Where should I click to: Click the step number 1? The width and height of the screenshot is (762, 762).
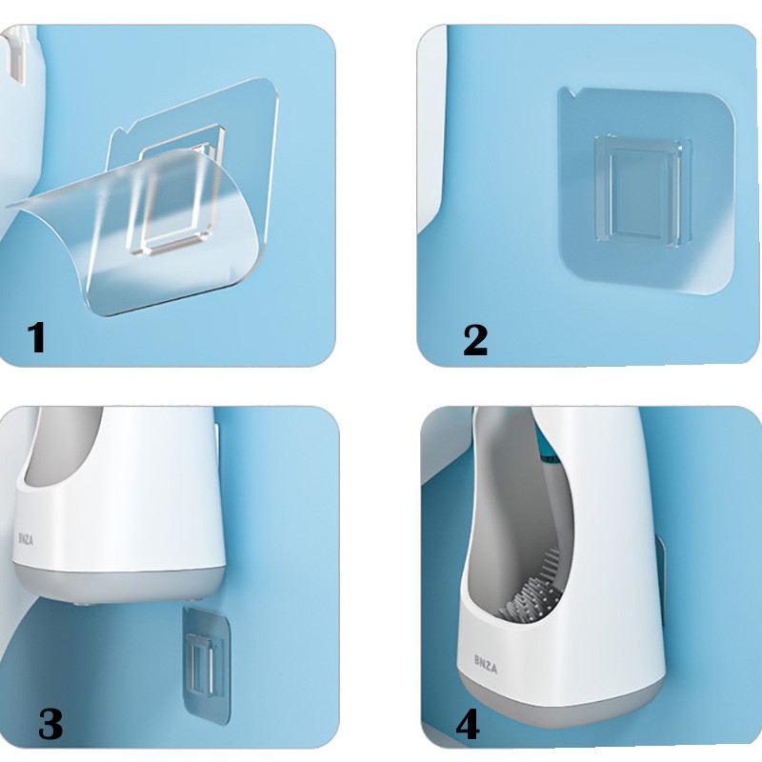36,337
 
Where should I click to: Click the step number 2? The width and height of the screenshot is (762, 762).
475,340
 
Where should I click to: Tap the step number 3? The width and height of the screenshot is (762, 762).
50,724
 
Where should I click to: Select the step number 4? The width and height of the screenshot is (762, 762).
468,724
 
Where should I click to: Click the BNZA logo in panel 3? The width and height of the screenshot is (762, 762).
26,539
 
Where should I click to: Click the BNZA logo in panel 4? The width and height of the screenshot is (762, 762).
486,664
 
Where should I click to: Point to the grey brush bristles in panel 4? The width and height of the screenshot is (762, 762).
532,592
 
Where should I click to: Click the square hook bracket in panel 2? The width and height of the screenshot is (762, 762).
642,190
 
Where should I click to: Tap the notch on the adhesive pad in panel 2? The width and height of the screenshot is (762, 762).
567,92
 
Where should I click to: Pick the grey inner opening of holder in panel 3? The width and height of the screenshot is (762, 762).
63,445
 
